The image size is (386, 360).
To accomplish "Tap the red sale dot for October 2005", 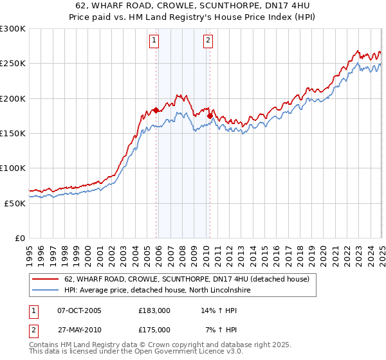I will pos(156,110).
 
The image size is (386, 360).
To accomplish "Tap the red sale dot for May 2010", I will pos(210,116).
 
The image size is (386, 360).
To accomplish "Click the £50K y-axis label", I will pos(15,203).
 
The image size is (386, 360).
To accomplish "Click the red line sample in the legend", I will pos(46,280).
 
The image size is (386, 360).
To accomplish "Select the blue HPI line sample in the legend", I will pos(46,291).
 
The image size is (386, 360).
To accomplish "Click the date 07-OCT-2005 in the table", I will pos(79,310).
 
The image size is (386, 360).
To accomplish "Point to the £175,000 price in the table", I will pos(154,330).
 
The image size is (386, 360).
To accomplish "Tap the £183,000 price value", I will pos(154,310).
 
